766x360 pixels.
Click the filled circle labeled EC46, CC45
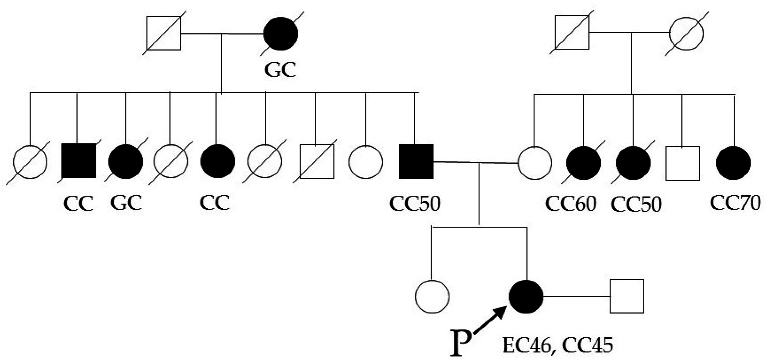pyautogui.click(x=526, y=296)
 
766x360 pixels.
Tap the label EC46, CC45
pyautogui.click(x=557, y=345)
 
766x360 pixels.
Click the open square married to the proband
pyautogui.click(x=627, y=296)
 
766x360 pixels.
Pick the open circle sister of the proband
pyautogui.click(x=432, y=296)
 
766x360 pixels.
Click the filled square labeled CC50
pyautogui.click(x=416, y=161)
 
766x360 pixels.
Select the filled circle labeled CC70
pyautogui.click(x=733, y=163)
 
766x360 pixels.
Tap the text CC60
pyautogui.click(x=570, y=204)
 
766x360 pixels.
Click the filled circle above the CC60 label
pyautogui.click(x=583, y=163)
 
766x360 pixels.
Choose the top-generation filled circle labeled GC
pyautogui.click(x=280, y=33)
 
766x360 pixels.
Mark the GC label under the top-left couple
pyautogui.click(x=280, y=70)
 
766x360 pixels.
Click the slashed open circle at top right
pyautogui.click(x=686, y=33)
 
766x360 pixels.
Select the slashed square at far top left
pyautogui.click(x=164, y=33)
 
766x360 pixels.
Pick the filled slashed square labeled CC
pyautogui.click(x=79, y=161)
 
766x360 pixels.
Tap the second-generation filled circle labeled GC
pyautogui.click(x=126, y=161)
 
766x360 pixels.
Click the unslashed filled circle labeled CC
pyautogui.click(x=217, y=161)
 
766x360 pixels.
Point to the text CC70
pyautogui.click(x=735, y=202)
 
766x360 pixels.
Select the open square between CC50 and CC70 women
pyautogui.click(x=683, y=163)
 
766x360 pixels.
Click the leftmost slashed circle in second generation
pyautogui.click(x=30, y=162)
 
